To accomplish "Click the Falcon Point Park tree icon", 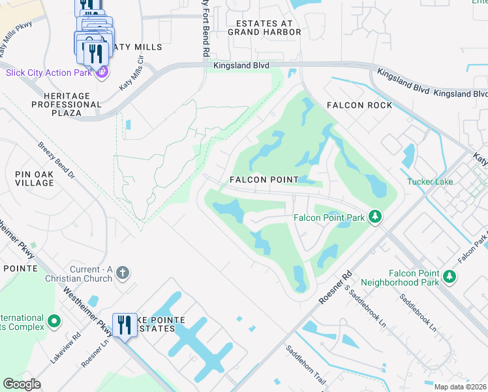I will pyautogui.click(x=375, y=216).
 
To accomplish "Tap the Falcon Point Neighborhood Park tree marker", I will pyautogui.click(x=450, y=276).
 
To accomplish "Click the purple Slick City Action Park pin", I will pyautogui.click(x=101, y=72).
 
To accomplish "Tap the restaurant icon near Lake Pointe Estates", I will pyautogui.click(x=124, y=324).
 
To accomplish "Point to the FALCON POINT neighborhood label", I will pyautogui.click(x=264, y=180).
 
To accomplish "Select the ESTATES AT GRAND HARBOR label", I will pyautogui.click(x=264, y=27).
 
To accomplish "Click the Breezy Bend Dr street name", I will pyautogui.click(x=57, y=161).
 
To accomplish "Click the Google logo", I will pyautogui.click(x=22, y=384).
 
